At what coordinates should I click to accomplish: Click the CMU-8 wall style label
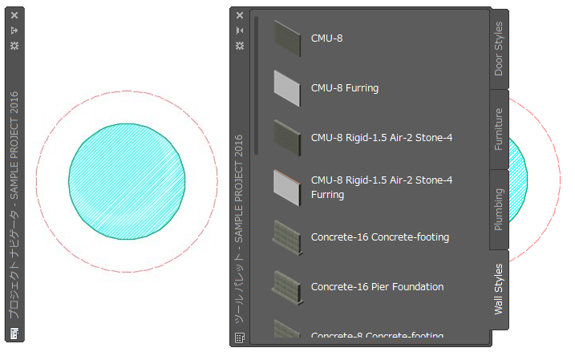(x=326, y=38)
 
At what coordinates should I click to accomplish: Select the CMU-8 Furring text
(x=344, y=87)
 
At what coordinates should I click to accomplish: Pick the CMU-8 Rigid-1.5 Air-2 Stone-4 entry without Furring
(x=381, y=137)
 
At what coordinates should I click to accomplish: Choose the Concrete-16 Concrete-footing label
(x=379, y=237)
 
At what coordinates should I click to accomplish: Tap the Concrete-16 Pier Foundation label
(x=377, y=286)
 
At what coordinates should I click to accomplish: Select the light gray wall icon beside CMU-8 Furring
(x=287, y=86)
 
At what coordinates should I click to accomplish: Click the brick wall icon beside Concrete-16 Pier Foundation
(x=287, y=285)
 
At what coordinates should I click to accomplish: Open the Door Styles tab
(x=499, y=48)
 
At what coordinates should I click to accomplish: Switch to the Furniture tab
(x=499, y=129)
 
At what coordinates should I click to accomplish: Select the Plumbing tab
(x=499, y=208)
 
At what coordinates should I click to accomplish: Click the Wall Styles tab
(x=499, y=289)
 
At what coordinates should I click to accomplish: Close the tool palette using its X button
(x=239, y=14)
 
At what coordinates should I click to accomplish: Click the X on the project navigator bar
(x=14, y=14)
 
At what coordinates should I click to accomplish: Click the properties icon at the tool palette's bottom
(x=239, y=338)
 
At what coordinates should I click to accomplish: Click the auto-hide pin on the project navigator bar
(x=14, y=30)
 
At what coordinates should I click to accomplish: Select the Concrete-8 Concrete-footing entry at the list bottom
(x=377, y=334)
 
